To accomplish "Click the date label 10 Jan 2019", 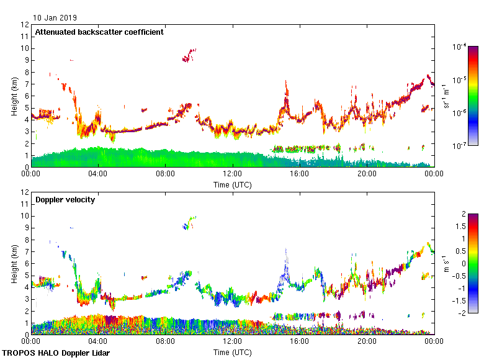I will coord(55,18).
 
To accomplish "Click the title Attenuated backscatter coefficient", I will coord(99,32).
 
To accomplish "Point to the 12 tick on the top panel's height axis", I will coord(25,25).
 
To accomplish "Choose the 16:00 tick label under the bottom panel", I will coord(300,341).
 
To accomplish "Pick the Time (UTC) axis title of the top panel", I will coord(233,184).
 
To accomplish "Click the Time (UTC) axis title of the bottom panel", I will coord(233,352).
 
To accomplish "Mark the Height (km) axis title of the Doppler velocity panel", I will coord(14,263).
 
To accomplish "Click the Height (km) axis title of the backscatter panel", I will coord(14,96).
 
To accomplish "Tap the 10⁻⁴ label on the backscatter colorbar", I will coord(460,47).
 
